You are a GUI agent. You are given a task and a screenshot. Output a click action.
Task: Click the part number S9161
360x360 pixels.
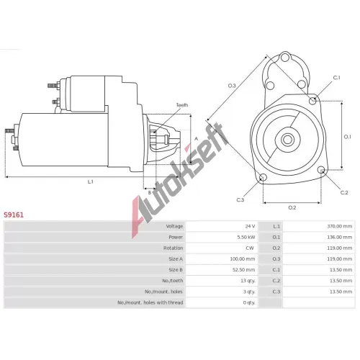[14, 215]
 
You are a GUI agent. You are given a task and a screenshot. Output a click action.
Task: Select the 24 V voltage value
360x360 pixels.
[250, 226]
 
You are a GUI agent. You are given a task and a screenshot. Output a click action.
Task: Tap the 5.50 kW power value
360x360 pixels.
[246, 237]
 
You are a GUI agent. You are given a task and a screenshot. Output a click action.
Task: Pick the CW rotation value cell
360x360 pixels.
[250, 248]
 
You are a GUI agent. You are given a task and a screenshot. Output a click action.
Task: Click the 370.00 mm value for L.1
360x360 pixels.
[340, 226]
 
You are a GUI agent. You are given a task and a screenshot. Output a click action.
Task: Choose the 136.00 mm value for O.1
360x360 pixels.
[340, 237]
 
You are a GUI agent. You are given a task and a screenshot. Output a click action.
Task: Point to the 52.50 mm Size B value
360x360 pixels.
[243, 270]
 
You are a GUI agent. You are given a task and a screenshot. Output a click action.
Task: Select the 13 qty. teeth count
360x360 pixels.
[248, 281]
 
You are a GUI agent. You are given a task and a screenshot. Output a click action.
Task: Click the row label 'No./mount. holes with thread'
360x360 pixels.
[150, 302]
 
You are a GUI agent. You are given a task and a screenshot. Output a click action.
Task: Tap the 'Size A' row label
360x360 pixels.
[176, 258]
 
